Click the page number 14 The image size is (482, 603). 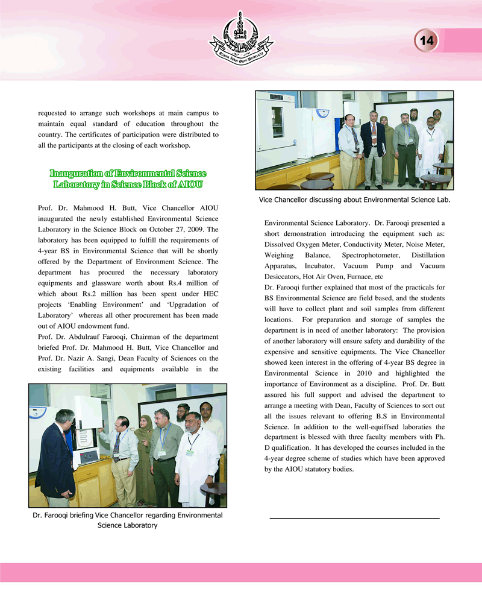pyautogui.click(x=427, y=41)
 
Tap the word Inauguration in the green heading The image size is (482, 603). pyautogui.click(x=77, y=174)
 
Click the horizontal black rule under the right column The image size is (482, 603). pyautogui.click(x=354, y=518)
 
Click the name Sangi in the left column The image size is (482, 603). pyautogui.click(x=115, y=359)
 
